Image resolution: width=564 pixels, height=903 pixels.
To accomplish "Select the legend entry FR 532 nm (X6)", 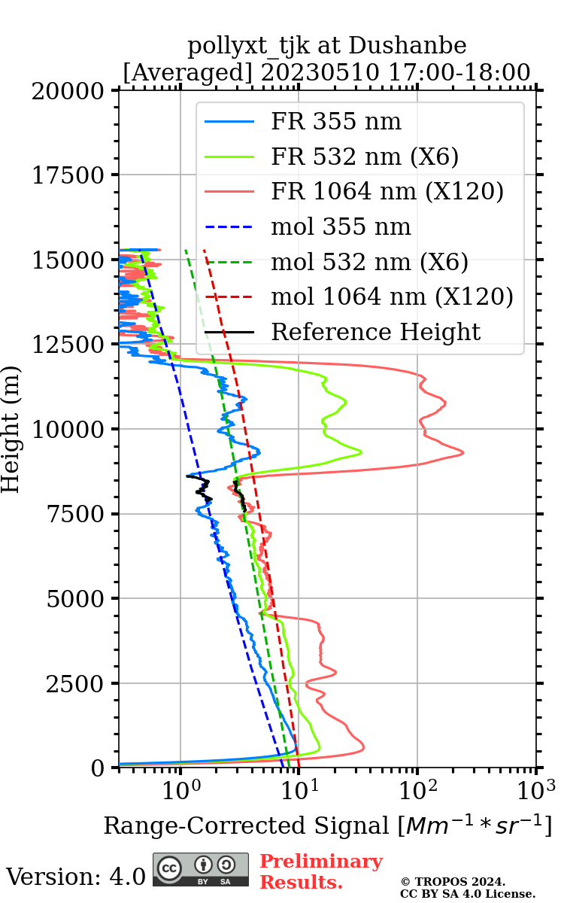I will coord(365,157).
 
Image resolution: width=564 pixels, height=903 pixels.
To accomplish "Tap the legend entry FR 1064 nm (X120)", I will coord(387,192).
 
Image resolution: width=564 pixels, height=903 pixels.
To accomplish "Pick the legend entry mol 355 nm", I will coord(341,227).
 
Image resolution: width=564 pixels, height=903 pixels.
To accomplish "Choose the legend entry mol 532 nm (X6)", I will coord(369,262).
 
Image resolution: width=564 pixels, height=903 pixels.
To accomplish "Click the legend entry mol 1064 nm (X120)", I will coord(392,296).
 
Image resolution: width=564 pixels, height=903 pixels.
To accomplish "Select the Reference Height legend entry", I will coord(375,332).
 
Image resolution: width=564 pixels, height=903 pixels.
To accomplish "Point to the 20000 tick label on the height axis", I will coord(69,91).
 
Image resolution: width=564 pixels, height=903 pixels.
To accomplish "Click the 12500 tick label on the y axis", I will coord(69,345).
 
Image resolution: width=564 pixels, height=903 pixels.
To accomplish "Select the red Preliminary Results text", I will coord(321,871).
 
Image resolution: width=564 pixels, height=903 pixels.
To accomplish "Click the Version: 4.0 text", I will coord(76,876).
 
